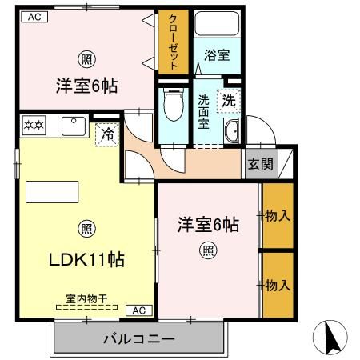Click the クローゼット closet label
[x=173, y=43]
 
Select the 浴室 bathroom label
[x=216, y=56]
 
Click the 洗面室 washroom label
[x=204, y=113]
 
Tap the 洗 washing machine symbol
[x=229, y=102]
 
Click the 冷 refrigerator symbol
[x=105, y=134]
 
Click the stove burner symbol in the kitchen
[x=33, y=124]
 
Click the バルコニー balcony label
[x=138, y=339]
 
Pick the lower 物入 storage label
[x=278, y=284]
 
